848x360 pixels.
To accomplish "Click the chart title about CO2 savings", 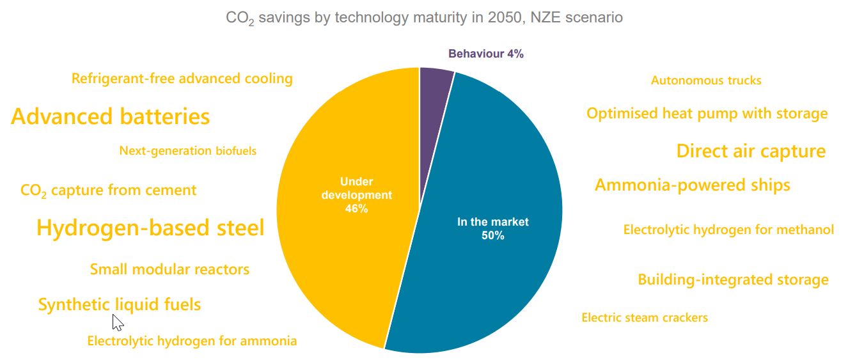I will tap(424, 18).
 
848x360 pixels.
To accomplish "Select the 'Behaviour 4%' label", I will tap(485, 54).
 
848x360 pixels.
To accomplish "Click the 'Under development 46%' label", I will tap(356, 195).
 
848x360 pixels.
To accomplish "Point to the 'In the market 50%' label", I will tap(492, 228).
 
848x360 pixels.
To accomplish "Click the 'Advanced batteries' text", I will tap(111, 117).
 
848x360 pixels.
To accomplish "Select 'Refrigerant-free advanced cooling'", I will tap(182, 79).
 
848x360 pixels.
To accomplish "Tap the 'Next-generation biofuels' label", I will tap(187, 151).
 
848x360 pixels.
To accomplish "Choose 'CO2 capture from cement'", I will tap(108, 191).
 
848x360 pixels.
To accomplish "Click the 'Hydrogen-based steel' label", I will tap(150, 228).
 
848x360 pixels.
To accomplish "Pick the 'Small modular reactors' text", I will tap(169, 269).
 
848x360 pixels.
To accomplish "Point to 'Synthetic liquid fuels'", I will tap(120, 304).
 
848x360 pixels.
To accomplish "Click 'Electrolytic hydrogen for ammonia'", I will tap(192, 341).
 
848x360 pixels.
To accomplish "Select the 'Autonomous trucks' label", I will tap(706, 81).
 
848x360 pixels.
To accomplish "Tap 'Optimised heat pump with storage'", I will tap(707, 114).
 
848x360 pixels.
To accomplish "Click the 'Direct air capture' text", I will tap(751, 152).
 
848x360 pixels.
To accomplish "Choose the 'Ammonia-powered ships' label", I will tap(693, 185).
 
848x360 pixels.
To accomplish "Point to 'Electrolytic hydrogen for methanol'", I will tap(728, 230).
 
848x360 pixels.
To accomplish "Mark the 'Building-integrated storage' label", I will tap(733, 280).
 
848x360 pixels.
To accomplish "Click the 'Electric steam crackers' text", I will tap(645, 318).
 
